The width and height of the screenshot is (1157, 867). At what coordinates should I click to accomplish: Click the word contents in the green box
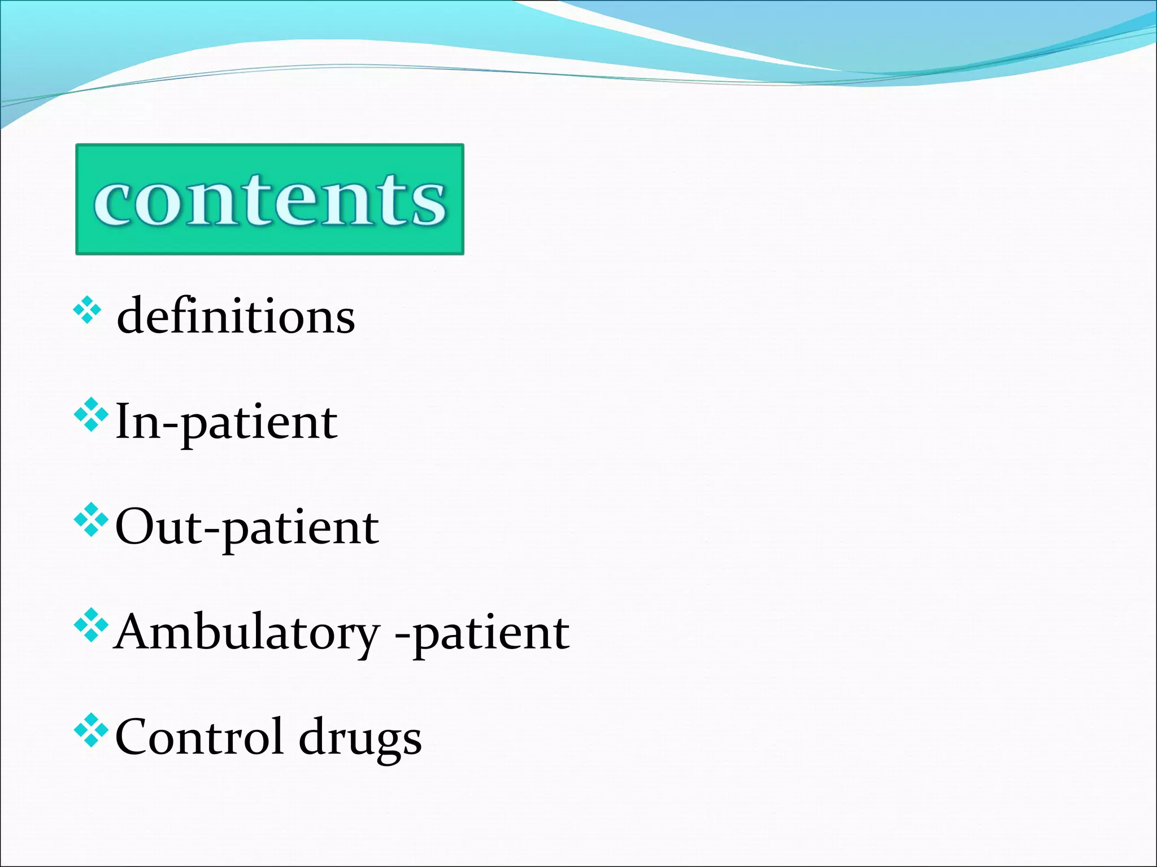click(x=270, y=200)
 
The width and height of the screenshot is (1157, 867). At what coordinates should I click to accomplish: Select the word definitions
click(x=236, y=316)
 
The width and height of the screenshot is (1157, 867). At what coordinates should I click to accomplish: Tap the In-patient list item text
click(x=226, y=422)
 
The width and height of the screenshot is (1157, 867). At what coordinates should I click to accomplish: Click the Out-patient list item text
click(x=247, y=527)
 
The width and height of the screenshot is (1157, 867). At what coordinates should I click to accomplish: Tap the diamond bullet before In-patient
click(x=90, y=415)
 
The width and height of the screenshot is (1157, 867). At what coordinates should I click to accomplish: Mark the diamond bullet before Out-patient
click(x=90, y=520)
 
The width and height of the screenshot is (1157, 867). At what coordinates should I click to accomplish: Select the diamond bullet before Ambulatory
click(x=90, y=626)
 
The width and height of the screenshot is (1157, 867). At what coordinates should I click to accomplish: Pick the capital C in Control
click(x=133, y=737)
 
